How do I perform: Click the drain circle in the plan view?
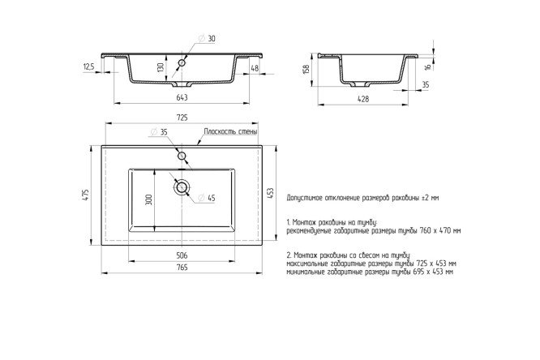click(x=182, y=188)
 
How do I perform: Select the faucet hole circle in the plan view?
click(x=182, y=155)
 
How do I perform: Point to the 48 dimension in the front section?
click(x=255, y=69)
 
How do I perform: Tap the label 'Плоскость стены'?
click(x=230, y=131)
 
